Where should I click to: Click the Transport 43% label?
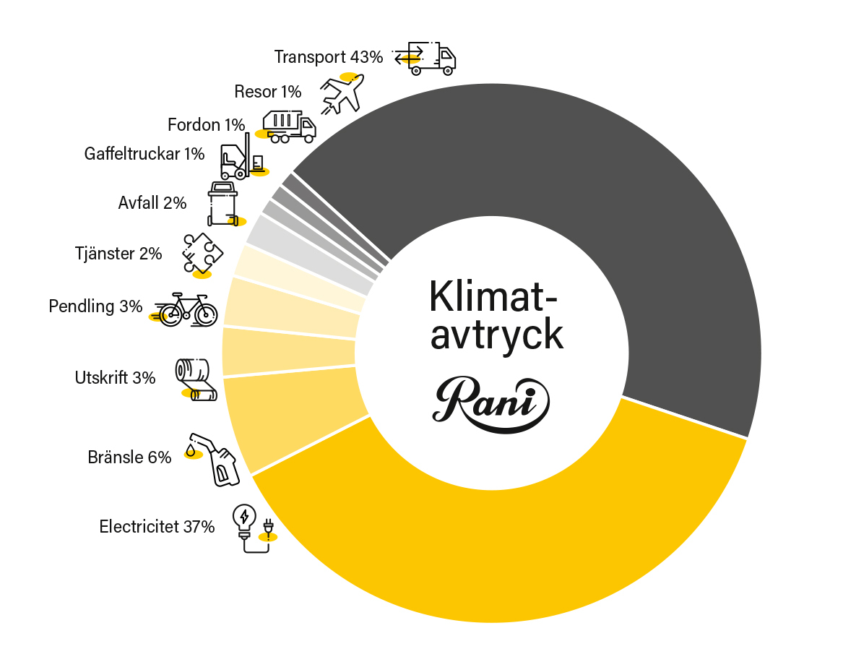329,57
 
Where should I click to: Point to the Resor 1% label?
268,91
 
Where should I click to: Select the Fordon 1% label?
207,125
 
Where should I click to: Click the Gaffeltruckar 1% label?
144,154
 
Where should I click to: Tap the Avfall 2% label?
152,203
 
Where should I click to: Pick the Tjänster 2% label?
118,253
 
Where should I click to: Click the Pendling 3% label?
95,306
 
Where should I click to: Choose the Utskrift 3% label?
115,377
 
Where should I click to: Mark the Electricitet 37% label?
157,526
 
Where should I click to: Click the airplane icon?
342,93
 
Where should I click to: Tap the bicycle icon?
186,310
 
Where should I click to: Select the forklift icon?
243,157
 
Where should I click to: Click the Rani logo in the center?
491,404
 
